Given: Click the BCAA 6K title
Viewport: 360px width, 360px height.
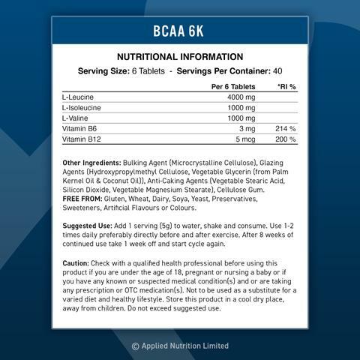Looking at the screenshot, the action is [180, 33].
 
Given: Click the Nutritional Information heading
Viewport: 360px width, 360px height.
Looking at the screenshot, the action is [180, 57].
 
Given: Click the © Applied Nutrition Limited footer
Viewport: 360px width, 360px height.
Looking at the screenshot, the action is [180, 346].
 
